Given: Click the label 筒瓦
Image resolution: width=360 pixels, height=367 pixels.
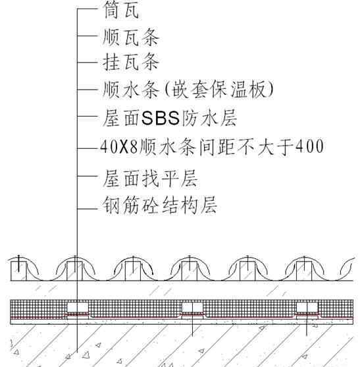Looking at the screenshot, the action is click(121, 10).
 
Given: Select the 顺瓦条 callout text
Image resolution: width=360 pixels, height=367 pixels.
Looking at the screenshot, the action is click(131, 37).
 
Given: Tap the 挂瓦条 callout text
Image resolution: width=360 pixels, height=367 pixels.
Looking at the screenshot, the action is click(131, 62).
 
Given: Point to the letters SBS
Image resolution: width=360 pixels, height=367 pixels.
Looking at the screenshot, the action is click(161, 118).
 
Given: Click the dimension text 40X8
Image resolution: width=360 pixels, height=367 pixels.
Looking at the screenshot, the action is click(118, 147).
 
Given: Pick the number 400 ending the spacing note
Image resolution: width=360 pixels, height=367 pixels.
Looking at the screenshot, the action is click(310, 146).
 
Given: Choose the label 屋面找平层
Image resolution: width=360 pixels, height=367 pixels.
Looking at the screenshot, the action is click(151, 179).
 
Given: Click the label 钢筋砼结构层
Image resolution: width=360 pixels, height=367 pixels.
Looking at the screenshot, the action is click(160, 205).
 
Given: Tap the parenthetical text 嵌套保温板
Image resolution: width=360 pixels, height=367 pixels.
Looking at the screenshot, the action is click(219, 89).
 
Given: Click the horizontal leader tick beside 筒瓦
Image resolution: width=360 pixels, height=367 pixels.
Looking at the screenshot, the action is click(87, 9).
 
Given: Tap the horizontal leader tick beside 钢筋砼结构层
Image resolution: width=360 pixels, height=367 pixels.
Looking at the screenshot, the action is click(87, 209).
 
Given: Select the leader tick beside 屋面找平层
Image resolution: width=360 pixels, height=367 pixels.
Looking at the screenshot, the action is click(87, 176).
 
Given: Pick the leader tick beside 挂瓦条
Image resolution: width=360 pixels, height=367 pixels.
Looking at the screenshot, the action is click(87, 62).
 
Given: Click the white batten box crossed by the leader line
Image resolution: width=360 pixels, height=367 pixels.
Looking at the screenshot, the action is click(78, 307).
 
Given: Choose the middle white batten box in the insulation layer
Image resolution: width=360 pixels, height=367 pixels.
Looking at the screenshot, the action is click(192, 307).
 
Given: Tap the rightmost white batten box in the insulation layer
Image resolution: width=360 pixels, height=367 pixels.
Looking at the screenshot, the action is click(307, 307).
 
